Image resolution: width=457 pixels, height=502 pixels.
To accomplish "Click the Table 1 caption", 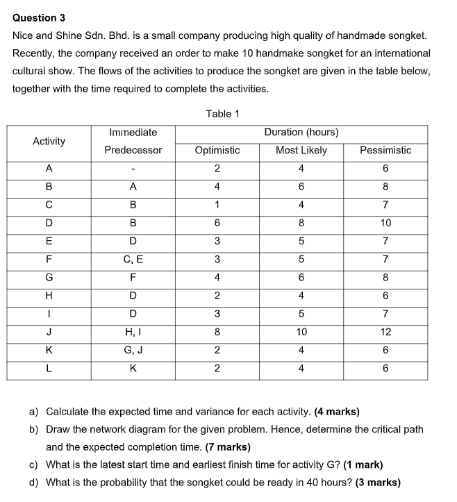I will pos(222,113).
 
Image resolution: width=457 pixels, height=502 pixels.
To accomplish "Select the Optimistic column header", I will pos(217,150).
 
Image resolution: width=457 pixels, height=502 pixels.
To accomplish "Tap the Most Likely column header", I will pos(301,150).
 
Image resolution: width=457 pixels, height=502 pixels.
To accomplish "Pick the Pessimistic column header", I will pos(385,150).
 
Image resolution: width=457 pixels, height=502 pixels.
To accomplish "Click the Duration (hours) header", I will pos(301,132).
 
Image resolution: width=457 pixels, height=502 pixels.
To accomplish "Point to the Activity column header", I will pos(49,141).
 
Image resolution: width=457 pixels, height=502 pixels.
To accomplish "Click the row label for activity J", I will pos(49,332).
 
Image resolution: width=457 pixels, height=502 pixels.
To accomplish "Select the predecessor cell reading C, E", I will pos(133,259).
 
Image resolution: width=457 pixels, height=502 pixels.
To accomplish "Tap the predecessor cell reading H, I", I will pos(133,332).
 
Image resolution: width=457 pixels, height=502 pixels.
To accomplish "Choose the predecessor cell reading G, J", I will pos(133,350).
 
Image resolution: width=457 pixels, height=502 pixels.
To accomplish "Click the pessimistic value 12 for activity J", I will pos(385,332).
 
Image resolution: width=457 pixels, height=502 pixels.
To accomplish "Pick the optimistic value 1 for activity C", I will pos(217,205).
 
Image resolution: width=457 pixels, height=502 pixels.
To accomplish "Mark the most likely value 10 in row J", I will pos(301,332).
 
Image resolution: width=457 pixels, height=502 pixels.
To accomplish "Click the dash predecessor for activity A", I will pos(133,169).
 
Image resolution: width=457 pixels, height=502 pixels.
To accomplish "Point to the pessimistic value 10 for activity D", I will pos(385,223).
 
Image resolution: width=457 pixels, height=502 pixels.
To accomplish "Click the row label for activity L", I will pos(49,368).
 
